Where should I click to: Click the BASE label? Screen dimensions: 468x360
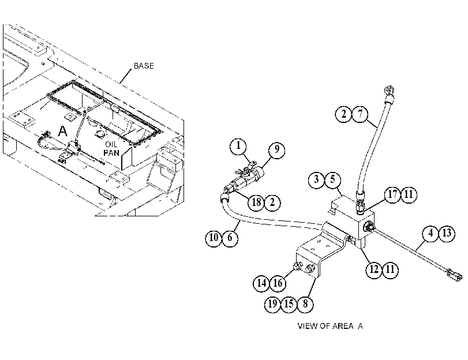144,66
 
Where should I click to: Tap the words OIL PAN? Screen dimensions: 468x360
111,149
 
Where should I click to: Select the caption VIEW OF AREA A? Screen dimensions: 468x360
330,325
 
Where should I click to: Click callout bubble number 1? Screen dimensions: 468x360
238,147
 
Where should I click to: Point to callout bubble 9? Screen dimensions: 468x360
276,149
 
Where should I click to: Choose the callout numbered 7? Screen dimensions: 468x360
360,114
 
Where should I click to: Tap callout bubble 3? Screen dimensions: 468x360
316,179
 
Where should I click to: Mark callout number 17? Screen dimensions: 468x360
392,194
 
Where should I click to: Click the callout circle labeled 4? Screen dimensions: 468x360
430,233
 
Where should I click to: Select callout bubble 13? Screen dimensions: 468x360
447,233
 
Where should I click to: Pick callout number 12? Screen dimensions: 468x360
374,269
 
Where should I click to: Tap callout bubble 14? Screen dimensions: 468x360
261,283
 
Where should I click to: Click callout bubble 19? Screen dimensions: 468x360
272,304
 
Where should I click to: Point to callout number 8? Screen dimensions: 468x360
305,304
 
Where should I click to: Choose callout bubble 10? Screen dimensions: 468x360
214,238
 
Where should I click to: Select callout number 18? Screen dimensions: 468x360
256,202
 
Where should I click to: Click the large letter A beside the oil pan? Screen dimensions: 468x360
62,131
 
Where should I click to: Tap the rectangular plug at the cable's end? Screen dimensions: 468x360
454,275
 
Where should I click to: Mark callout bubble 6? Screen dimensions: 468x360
230,238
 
